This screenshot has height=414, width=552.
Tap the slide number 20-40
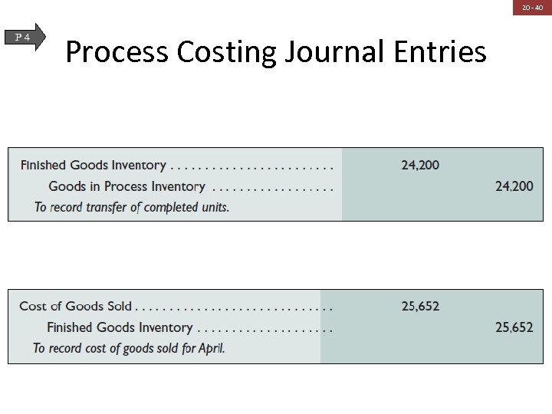[x=532, y=8]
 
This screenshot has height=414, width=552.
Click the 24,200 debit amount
[x=420, y=165]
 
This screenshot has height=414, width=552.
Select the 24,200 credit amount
[x=514, y=186]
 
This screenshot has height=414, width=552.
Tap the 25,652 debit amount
[x=420, y=306]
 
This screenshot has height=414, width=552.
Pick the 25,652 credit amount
[x=514, y=327]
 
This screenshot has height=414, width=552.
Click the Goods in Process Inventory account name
[x=127, y=186]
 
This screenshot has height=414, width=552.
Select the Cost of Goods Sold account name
[x=75, y=306]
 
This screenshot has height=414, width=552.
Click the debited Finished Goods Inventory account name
[x=93, y=165]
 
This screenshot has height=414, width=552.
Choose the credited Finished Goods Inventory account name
[x=120, y=327]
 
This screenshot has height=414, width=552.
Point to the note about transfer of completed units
[x=132, y=207]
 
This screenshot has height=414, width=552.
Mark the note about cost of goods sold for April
[x=129, y=348]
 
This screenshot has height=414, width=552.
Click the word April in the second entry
[x=211, y=348]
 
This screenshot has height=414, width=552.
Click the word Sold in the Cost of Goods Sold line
[x=119, y=306]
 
